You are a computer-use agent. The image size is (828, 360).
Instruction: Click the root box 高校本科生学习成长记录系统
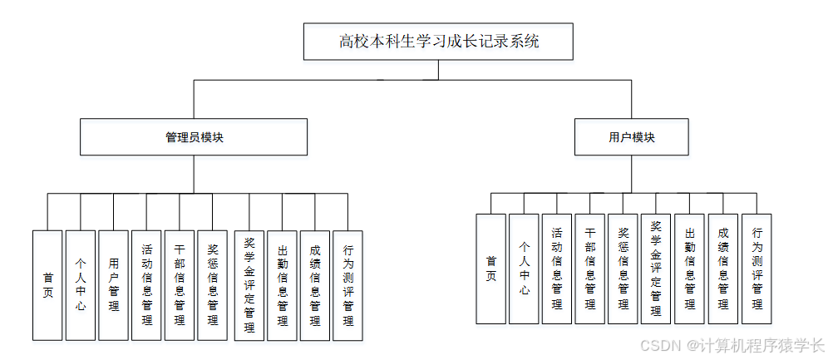439,42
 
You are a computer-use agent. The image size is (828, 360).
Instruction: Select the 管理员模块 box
194,137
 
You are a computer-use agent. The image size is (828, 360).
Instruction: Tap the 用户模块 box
632,137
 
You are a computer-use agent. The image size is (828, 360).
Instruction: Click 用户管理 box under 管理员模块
114,285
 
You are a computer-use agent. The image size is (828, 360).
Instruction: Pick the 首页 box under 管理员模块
47,285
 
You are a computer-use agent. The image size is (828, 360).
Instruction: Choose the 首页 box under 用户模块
490,269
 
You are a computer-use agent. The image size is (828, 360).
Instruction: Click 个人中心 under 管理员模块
81,285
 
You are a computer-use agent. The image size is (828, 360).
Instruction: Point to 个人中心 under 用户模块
524,269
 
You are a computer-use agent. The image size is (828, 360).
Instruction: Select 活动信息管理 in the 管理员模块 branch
146,285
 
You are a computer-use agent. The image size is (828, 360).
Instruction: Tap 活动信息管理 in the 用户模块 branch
556,269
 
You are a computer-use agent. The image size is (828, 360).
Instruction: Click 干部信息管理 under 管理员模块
180,285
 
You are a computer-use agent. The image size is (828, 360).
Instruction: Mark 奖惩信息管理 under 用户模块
623,269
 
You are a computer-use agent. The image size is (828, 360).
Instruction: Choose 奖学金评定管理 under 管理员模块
249,285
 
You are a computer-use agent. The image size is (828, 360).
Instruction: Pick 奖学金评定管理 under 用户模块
656,269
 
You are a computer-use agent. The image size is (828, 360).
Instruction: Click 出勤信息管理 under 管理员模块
282,285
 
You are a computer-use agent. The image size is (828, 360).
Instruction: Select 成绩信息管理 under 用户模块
722,269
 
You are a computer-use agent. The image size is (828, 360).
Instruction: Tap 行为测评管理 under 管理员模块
347,285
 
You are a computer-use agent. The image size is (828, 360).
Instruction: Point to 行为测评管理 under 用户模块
756,269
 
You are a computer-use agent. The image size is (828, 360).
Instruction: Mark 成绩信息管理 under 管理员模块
315,285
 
